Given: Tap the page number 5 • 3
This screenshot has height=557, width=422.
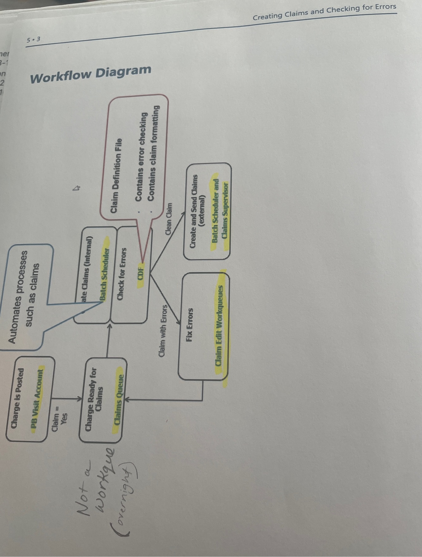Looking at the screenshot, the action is pos(34,40).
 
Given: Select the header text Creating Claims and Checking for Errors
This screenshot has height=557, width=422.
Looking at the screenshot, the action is pos(324,12).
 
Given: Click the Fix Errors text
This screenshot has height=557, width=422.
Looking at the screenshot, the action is pos(189,325).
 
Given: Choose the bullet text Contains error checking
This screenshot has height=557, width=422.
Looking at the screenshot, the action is pos(141,156).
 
